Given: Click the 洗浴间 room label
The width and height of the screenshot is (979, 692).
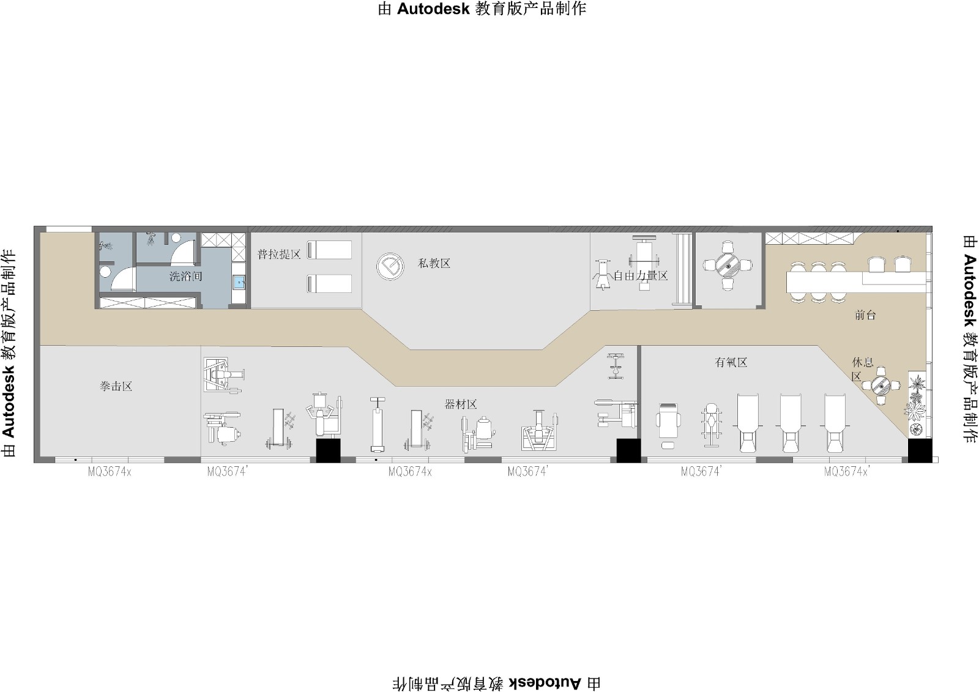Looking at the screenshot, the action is (186, 277).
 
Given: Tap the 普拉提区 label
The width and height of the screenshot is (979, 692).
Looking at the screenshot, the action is (279, 255).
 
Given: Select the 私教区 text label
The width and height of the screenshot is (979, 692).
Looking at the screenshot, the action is (434, 263).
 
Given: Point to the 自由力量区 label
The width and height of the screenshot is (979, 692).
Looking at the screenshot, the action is (641, 276).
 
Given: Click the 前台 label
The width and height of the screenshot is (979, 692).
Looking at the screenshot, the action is (865, 314).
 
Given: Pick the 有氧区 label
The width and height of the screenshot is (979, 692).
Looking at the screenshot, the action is (731, 362).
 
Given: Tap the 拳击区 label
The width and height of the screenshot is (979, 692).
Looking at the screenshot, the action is (116, 386).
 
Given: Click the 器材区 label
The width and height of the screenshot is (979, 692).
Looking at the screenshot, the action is (461, 404).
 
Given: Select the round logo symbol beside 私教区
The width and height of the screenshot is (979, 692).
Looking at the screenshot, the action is (390, 266).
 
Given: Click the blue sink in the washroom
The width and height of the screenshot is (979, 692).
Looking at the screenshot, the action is (239, 283).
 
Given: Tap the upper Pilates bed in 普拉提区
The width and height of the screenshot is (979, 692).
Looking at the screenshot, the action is (330, 250).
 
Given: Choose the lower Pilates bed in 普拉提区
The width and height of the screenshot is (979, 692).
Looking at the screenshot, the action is (330, 284).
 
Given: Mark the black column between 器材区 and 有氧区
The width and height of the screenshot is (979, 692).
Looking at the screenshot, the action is (628, 451).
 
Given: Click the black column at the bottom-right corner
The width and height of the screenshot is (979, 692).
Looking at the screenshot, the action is (920, 451).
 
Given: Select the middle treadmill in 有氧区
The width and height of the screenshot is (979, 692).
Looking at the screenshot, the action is (791, 423).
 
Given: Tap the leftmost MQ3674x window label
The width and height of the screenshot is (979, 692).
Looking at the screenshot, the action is (110, 472).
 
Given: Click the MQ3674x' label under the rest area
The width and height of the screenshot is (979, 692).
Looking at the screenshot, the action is (847, 472).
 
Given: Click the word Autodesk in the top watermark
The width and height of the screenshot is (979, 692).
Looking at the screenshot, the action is (433, 9).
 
